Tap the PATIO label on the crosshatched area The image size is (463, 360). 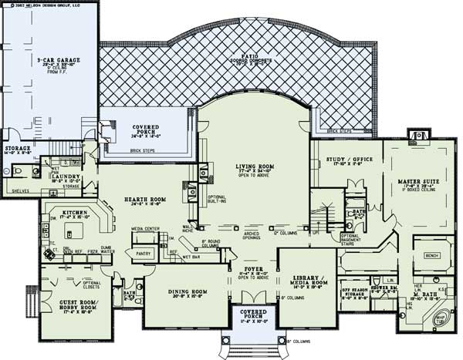click(x=252, y=56)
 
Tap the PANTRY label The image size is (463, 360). click(x=142, y=252)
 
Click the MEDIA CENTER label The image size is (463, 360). click(x=146, y=229)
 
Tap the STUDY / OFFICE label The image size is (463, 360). click(x=344, y=161)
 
